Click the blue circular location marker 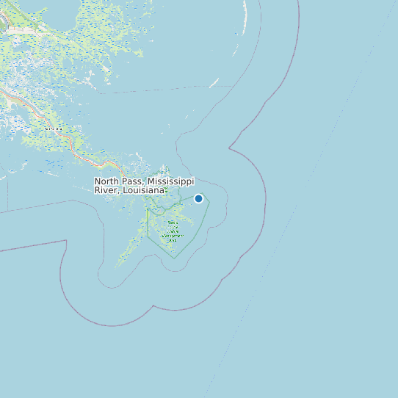pos(198,198)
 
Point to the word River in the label pos(106,190)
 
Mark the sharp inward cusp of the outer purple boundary pos(230,148)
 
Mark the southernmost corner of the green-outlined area pos(174,258)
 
